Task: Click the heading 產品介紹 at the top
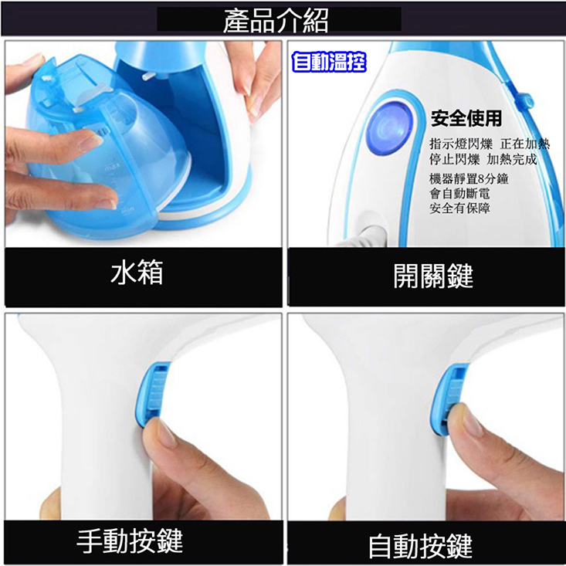pyautogui.click(x=276, y=20)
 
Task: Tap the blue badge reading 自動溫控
pyautogui.click(x=329, y=62)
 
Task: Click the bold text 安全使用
pyautogui.click(x=466, y=118)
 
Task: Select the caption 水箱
pyautogui.click(x=137, y=272)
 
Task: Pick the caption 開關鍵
pyautogui.click(x=433, y=276)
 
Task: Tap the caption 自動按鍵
pyautogui.click(x=421, y=547)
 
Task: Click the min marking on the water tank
pyautogui.click(x=127, y=210)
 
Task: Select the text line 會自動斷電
pyautogui.click(x=459, y=194)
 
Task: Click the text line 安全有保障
pyautogui.click(x=459, y=208)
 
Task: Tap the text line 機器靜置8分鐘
pyautogui.click(x=469, y=178)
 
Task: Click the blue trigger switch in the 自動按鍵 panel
pyautogui.click(x=447, y=397)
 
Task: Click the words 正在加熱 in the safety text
pyautogui.click(x=525, y=144)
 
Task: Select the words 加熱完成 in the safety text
pyautogui.click(x=512, y=159)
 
